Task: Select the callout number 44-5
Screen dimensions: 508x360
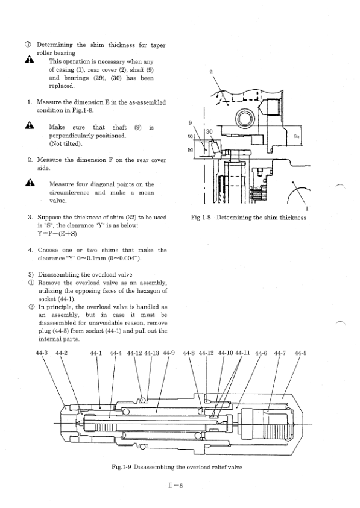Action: [x=300, y=353]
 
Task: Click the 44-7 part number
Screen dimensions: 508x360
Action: [x=280, y=353]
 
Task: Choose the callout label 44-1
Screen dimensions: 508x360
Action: [x=96, y=353]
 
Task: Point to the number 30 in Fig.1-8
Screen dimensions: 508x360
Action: [x=210, y=131]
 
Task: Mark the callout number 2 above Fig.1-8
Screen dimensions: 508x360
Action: [x=210, y=72]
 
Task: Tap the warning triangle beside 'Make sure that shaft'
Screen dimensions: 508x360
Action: [x=28, y=128]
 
